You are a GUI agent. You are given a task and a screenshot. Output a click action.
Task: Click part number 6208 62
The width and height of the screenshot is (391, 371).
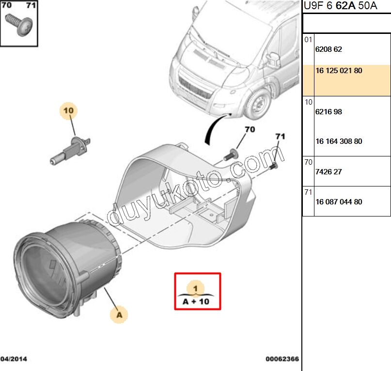point(328,49)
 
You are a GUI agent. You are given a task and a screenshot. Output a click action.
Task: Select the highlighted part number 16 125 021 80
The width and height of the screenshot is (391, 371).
point(339,71)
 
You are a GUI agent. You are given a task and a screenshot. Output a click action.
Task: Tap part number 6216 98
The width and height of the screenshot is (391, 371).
point(328,112)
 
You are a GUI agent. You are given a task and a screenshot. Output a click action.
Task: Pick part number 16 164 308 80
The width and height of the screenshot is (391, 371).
point(339,141)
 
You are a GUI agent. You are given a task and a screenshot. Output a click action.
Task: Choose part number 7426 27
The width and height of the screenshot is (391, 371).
point(328,171)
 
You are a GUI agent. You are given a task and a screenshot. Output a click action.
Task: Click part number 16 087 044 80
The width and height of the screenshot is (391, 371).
point(339,202)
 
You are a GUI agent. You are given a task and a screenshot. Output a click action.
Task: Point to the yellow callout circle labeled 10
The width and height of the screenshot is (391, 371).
point(69,111)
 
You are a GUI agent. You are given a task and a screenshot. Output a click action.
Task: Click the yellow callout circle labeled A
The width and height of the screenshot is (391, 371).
point(119,315)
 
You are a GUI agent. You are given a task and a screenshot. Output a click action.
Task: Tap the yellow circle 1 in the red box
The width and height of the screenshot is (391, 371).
point(196,288)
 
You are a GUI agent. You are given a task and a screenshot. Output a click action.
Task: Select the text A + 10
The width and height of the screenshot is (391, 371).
point(196,301)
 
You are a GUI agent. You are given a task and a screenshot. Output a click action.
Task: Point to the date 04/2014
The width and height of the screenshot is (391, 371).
point(14,359)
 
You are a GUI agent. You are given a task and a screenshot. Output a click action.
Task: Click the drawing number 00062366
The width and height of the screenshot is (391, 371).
point(282,359)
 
